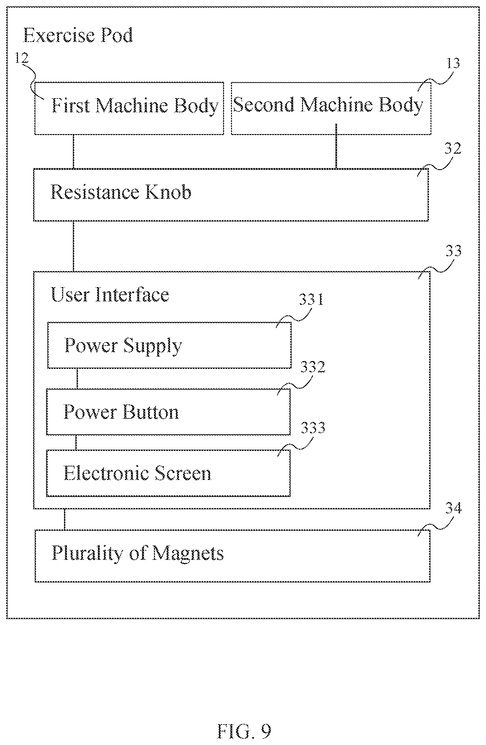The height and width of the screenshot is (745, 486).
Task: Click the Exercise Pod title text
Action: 78,35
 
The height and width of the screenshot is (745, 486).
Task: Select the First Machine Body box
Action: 129,109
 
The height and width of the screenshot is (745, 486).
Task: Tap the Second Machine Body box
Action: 331,109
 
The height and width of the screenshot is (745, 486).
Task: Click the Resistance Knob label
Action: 121,192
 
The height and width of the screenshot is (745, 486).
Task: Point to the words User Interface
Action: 110,294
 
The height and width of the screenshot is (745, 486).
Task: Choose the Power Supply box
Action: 169,345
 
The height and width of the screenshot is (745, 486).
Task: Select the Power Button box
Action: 168,412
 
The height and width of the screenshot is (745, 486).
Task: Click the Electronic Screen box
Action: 168,473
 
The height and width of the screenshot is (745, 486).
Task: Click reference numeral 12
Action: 22,58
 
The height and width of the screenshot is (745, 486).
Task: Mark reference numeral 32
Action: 453,148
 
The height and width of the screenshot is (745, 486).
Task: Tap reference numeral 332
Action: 313,367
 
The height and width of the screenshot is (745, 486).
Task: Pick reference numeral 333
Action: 313,428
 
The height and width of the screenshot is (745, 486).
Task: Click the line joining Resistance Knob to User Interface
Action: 74,246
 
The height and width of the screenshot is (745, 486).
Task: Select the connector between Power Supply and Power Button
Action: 77,378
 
